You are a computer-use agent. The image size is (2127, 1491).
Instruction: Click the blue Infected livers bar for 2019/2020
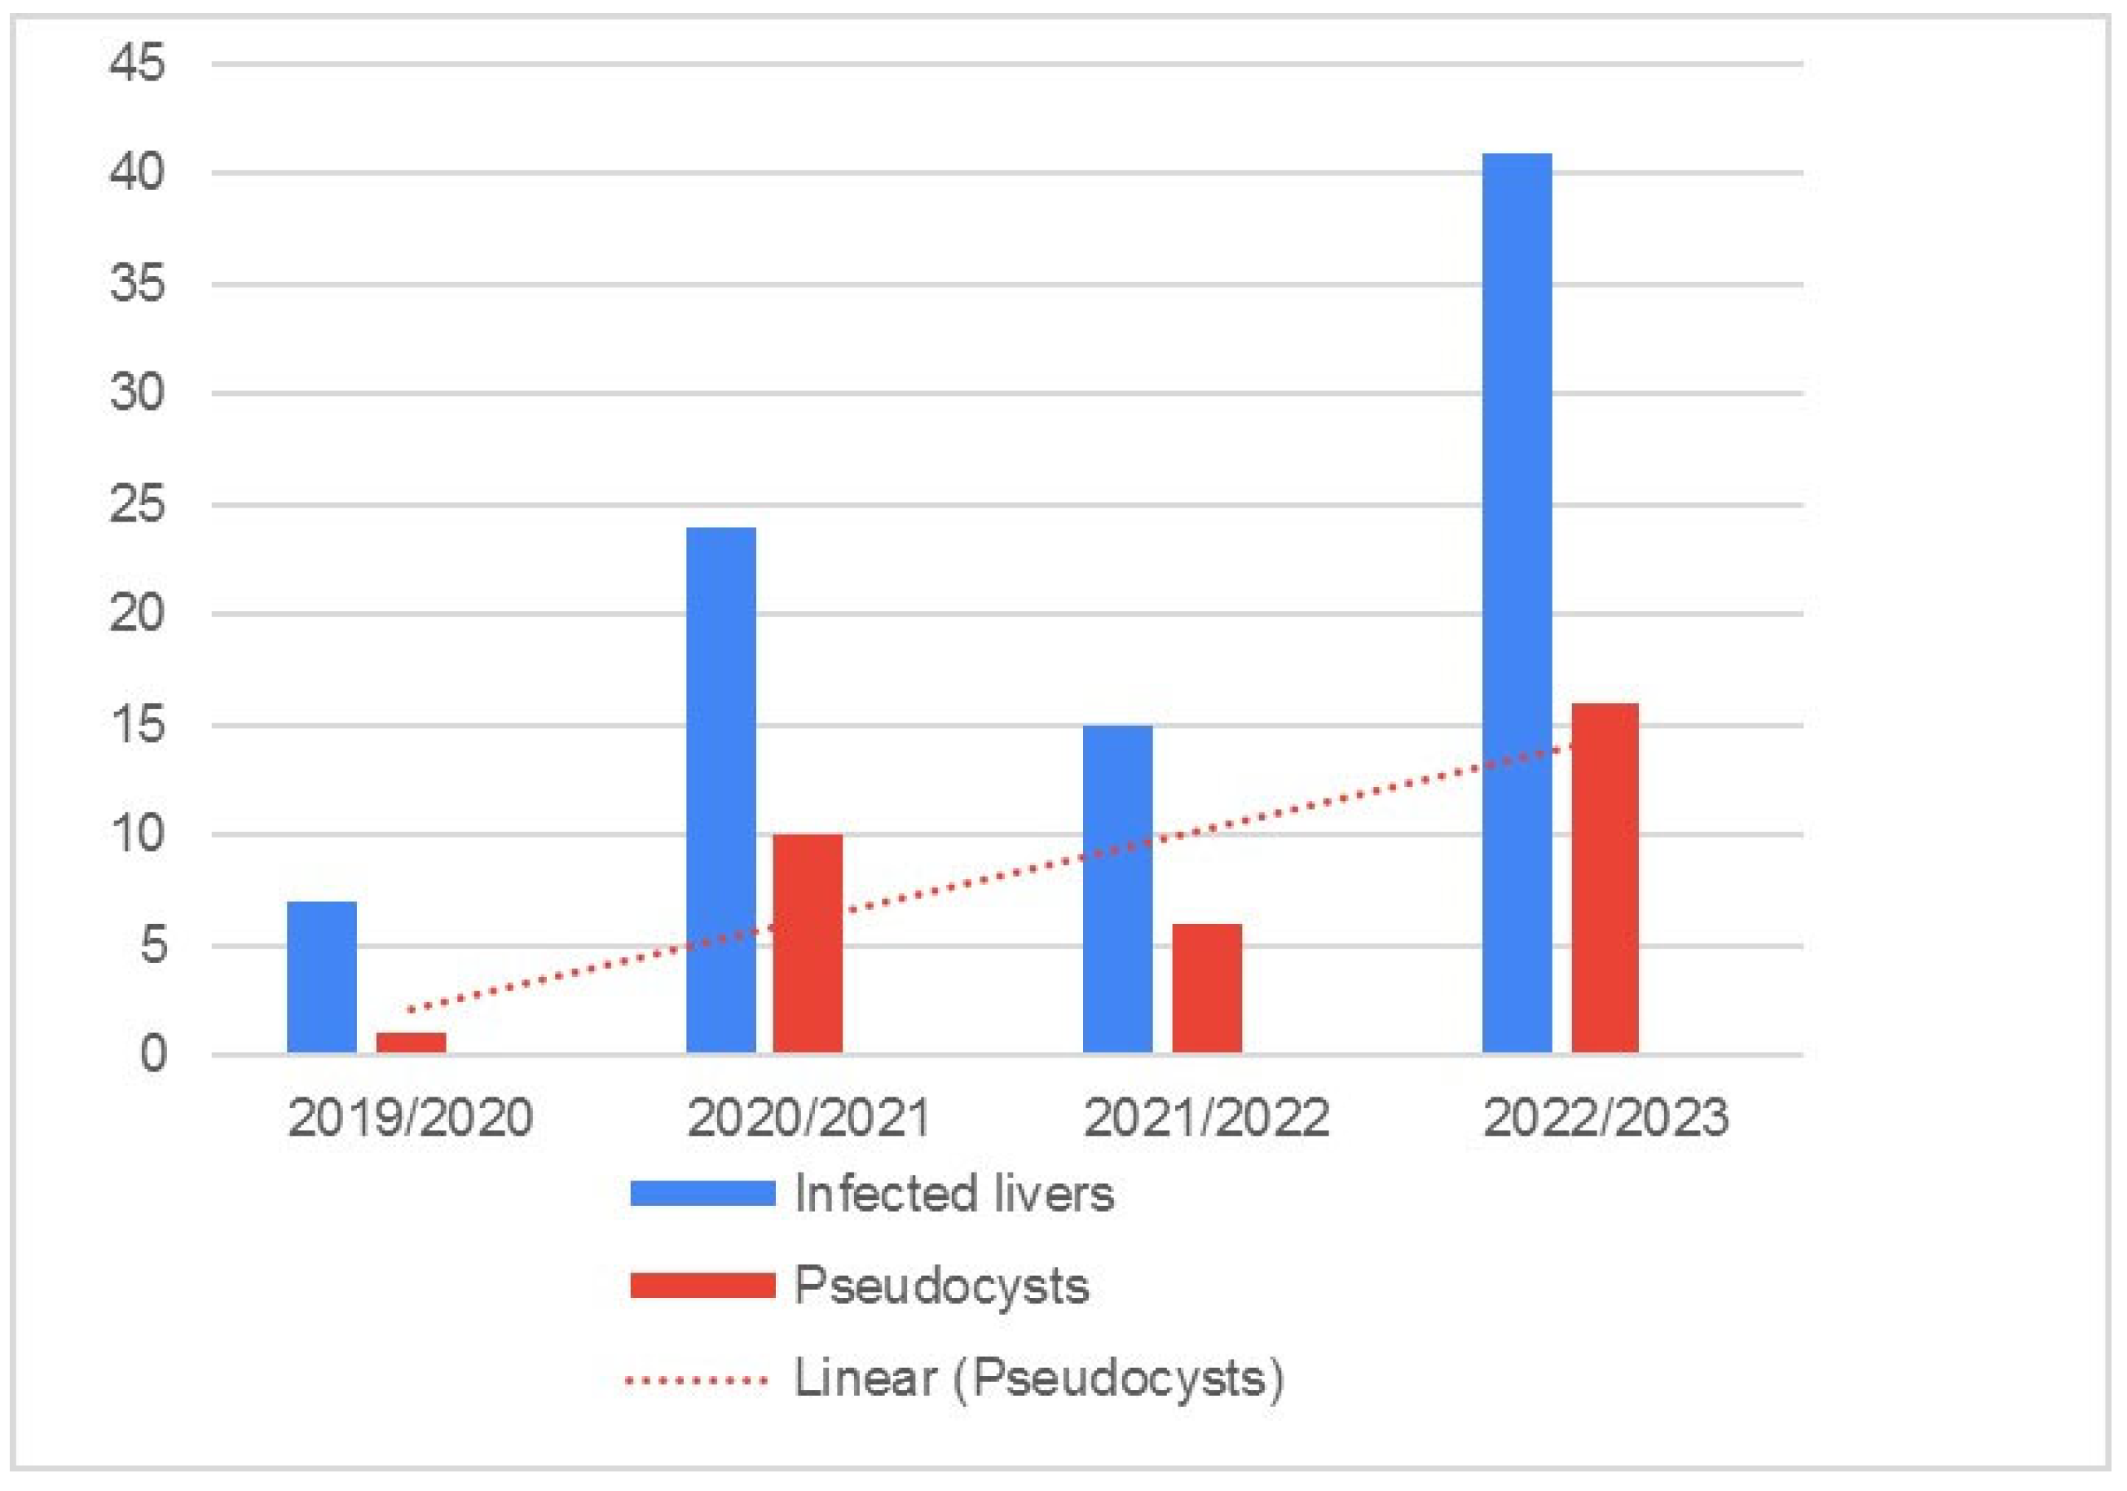tap(321, 977)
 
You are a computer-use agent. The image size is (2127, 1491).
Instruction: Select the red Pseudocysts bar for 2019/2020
tap(411, 1043)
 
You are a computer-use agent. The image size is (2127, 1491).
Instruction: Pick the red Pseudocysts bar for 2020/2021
tap(808, 943)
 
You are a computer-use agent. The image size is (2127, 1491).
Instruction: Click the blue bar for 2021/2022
tap(1117, 889)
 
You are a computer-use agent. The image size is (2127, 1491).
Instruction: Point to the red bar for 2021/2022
tap(1206, 988)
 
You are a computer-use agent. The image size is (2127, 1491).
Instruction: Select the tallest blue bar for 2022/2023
tap(1517, 603)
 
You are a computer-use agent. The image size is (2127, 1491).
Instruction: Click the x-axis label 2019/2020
tap(411, 1118)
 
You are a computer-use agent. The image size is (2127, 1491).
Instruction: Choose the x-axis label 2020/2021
tap(808, 1118)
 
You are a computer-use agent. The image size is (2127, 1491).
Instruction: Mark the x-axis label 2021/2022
tap(1206, 1118)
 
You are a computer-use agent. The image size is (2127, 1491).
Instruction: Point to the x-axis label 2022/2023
tap(1605, 1118)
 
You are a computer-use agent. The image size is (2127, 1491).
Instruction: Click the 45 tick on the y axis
tap(137, 64)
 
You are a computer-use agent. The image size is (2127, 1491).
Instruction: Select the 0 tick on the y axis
tap(153, 1055)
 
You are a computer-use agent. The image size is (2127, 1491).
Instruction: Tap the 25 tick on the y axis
tap(137, 504)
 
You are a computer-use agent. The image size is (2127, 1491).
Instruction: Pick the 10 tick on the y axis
tap(137, 834)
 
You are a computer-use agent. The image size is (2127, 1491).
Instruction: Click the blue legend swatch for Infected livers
tap(702, 1193)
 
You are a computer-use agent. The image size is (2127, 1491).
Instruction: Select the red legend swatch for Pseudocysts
tap(702, 1286)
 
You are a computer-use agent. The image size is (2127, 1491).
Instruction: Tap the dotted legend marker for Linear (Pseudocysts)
tap(697, 1381)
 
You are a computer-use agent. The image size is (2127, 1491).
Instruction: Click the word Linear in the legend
tap(865, 1379)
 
